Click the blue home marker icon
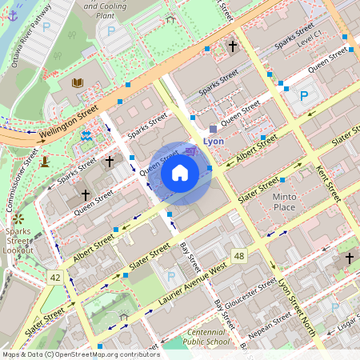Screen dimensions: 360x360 point(180,173)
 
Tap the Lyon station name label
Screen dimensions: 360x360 point(214,141)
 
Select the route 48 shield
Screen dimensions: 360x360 point(238,254)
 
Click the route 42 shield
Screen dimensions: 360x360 point(54,277)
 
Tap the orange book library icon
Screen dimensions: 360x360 point(78,82)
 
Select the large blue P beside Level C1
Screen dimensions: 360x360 point(304,96)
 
